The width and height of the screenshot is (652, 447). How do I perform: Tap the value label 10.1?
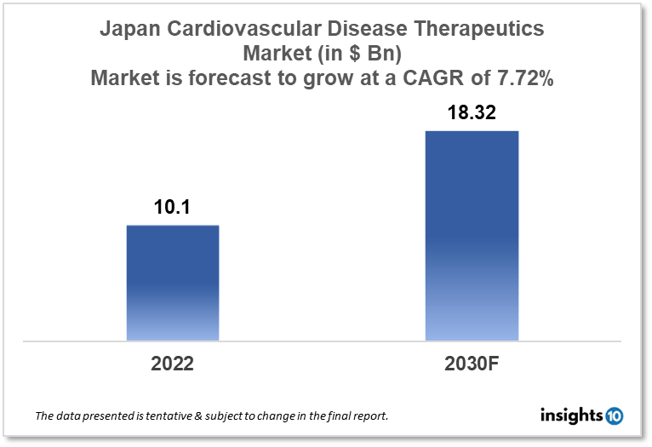173,208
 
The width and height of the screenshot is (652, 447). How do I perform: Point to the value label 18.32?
472,113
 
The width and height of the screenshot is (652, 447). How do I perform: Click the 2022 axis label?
173,364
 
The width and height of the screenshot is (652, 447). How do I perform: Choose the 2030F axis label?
472,364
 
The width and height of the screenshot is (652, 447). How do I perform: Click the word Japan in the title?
129,30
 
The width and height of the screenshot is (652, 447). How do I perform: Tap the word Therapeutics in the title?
484,30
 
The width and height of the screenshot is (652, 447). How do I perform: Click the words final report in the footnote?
357,416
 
